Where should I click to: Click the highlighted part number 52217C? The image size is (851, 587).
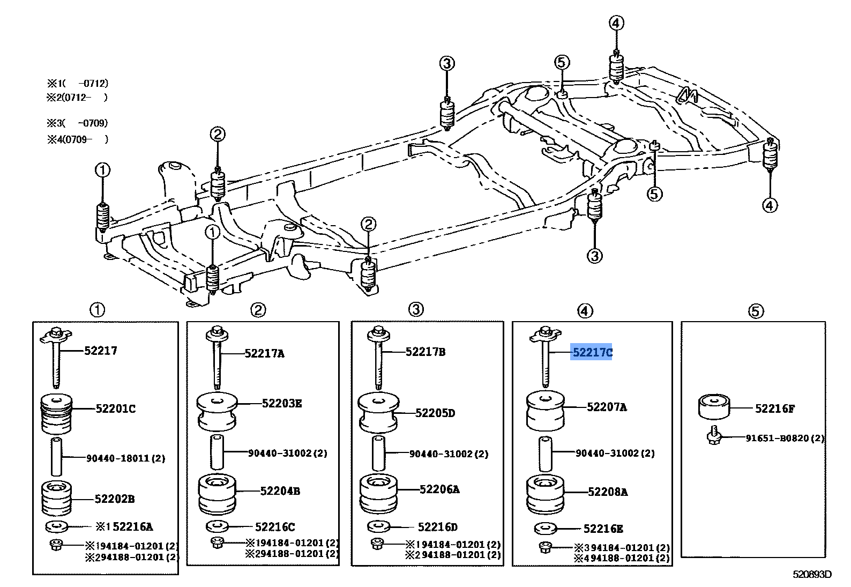pos(592,353)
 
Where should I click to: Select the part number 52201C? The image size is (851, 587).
pos(116,408)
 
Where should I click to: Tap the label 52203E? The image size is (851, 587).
pos(282,403)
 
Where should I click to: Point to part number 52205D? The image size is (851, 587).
pos(435,413)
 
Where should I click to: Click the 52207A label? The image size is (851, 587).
pos(607,407)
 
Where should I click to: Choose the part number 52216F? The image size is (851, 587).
pos(775,408)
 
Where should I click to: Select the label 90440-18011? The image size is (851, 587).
pos(117,458)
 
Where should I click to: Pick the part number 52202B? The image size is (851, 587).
pos(115,499)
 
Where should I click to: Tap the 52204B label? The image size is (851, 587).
pos(280,491)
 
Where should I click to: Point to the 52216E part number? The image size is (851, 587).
pos(603,529)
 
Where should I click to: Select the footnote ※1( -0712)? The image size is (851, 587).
pos(78,83)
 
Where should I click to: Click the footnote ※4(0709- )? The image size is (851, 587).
pos(78,139)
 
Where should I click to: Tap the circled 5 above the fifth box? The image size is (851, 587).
pos(756,311)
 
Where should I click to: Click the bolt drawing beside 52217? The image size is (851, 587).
pos(56,357)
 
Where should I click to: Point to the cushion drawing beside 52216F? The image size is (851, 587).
pos(714,407)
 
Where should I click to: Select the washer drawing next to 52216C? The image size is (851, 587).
pos(217,526)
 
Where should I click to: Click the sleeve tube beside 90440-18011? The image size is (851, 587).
pos(56,456)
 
